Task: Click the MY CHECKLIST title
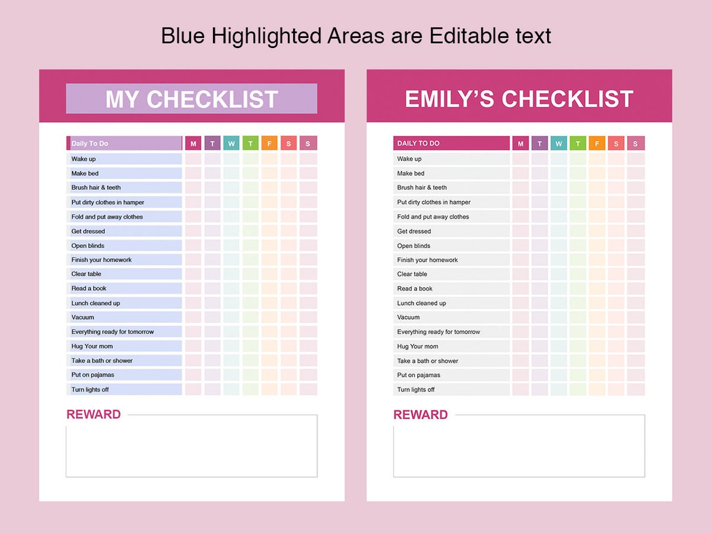(192, 99)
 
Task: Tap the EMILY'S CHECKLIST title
(519, 99)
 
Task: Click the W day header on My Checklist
(231, 143)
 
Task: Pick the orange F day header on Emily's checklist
(596, 144)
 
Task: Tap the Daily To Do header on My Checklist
(89, 144)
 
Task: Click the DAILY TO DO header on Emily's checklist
(418, 144)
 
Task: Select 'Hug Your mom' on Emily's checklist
(417, 347)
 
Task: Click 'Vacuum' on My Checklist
(82, 317)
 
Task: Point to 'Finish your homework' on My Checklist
(101, 260)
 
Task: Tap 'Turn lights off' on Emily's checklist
(415, 390)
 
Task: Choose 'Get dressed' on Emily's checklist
(413, 231)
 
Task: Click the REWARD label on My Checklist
(94, 415)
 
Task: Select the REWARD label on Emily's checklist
(420, 415)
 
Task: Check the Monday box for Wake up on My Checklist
(193, 159)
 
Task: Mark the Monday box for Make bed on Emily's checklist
(520, 174)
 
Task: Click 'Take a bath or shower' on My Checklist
(102, 360)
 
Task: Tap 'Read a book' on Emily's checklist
(415, 289)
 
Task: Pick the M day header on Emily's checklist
(520, 144)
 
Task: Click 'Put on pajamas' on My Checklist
(92, 375)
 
